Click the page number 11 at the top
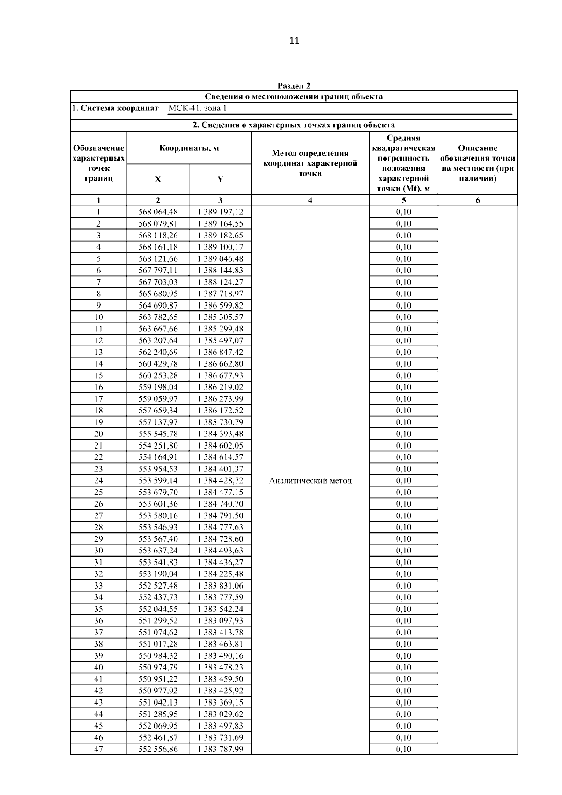(x=294, y=41)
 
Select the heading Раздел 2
(x=294, y=86)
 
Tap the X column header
(x=158, y=179)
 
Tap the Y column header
(x=220, y=179)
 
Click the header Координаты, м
(x=189, y=148)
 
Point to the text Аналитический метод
(x=310, y=481)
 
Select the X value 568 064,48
(x=158, y=212)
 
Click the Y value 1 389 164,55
(x=220, y=224)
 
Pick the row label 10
(x=98, y=317)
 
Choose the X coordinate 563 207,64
(x=158, y=340)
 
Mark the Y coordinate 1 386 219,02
(x=220, y=387)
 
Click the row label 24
(x=98, y=480)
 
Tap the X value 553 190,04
(x=158, y=574)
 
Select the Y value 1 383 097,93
(x=220, y=621)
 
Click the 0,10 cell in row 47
(x=403, y=749)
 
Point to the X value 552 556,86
(x=158, y=749)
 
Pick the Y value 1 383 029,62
(x=220, y=714)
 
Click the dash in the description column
(x=478, y=481)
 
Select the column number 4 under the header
(x=310, y=200)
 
